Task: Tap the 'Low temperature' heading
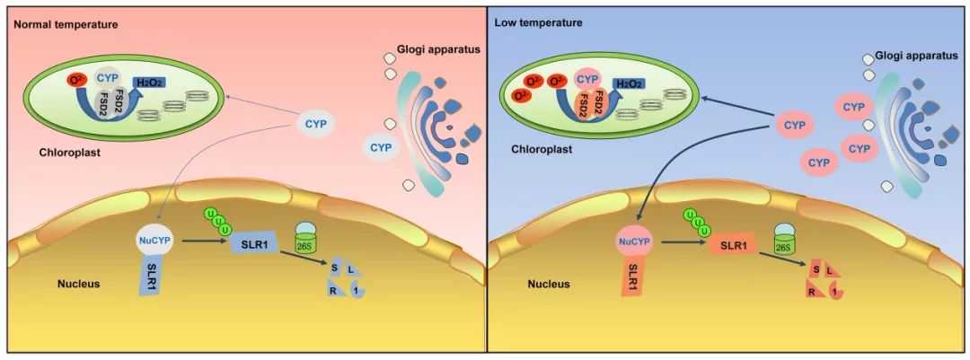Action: point(538,22)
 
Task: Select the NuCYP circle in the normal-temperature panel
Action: point(151,241)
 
